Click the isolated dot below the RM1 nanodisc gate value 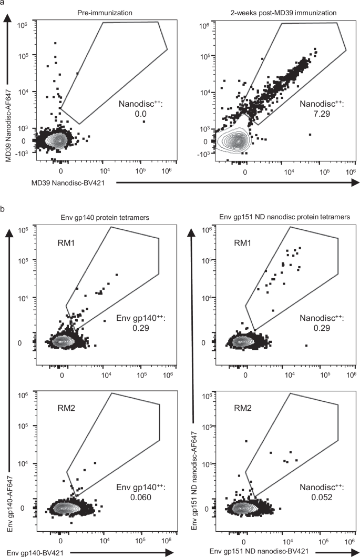[x=306, y=346]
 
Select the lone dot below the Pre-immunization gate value [x=143, y=121]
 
